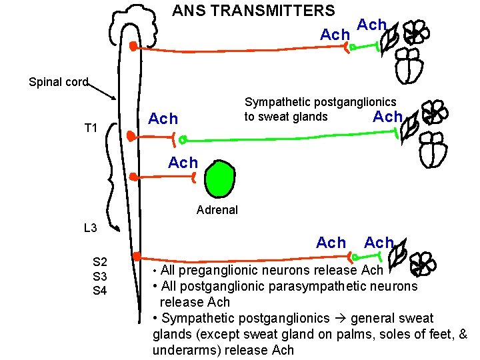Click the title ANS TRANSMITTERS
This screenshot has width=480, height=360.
(x=253, y=11)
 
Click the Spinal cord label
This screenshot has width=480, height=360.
(x=59, y=82)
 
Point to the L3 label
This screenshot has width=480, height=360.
(x=91, y=228)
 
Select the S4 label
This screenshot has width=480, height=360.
(x=101, y=290)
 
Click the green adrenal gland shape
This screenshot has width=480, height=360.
(x=221, y=178)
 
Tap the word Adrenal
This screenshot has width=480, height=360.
(x=217, y=210)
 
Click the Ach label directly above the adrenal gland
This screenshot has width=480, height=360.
(x=183, y=163)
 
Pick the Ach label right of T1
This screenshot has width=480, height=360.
(x=163, y=119)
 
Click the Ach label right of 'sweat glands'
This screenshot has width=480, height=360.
(x=387, y=117)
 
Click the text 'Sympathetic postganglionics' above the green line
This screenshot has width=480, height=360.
(x=320, y=102)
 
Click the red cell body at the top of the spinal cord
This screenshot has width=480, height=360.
(x=133, y=46)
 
